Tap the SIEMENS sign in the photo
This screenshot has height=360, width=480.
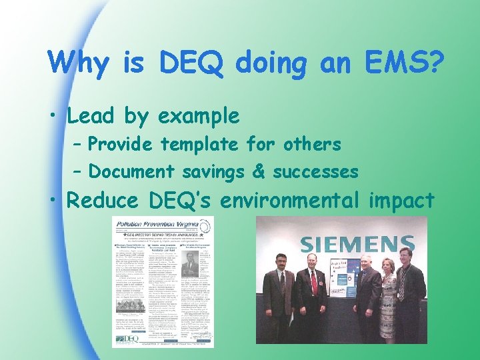pyautogui.click(x=352, y=243)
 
